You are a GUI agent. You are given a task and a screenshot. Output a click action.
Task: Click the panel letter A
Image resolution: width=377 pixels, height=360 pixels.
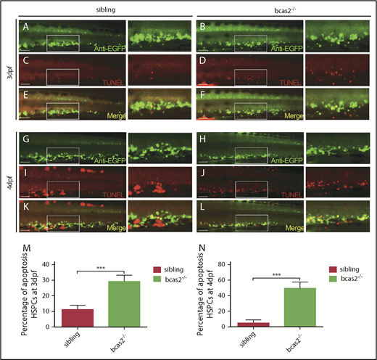click(25, 27)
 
